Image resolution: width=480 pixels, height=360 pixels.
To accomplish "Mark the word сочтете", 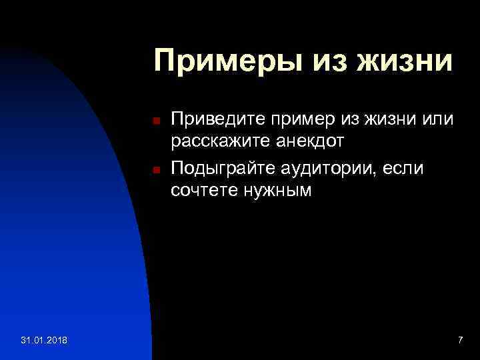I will (203, 191).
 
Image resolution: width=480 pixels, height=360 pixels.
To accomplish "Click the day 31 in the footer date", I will (25, 341).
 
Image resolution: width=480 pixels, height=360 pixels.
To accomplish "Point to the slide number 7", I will (460, 341).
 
